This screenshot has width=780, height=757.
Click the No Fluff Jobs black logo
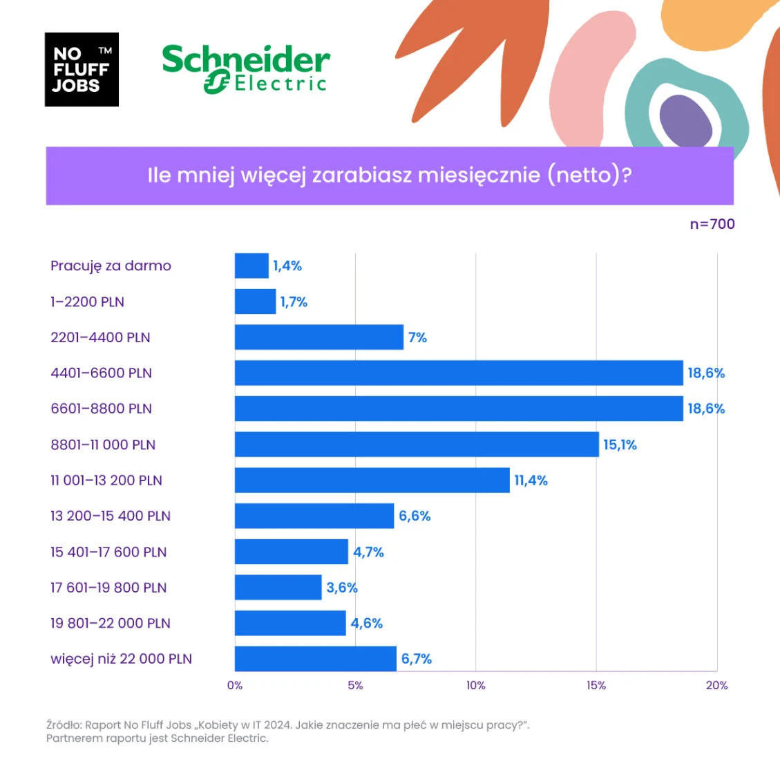(82, 70)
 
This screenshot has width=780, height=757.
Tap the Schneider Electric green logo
(246, 69)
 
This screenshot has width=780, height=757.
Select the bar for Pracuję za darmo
(251, 266)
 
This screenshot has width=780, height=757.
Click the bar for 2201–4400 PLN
(319, 337)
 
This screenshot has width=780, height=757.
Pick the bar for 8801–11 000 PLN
(417, 445)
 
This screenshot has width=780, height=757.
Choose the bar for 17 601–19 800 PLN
(278, 588)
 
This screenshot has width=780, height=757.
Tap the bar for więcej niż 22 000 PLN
(316, 659)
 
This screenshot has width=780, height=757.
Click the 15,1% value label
(620, 445)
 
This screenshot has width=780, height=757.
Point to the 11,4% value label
(531, 480)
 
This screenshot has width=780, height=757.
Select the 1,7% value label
(294, 302)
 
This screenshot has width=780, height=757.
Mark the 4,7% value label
(368, 552)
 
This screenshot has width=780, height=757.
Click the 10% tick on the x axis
(475, 685)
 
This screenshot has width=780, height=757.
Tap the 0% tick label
(235, 685)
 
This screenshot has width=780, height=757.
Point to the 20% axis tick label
(716, 685)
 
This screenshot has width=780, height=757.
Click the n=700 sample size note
(712, 224)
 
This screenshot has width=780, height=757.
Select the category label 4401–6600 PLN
(101, 373)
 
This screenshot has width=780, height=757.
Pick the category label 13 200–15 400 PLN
(111, 516)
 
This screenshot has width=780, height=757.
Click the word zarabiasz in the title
(356, 175)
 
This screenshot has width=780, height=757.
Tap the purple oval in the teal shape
(685, 122)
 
